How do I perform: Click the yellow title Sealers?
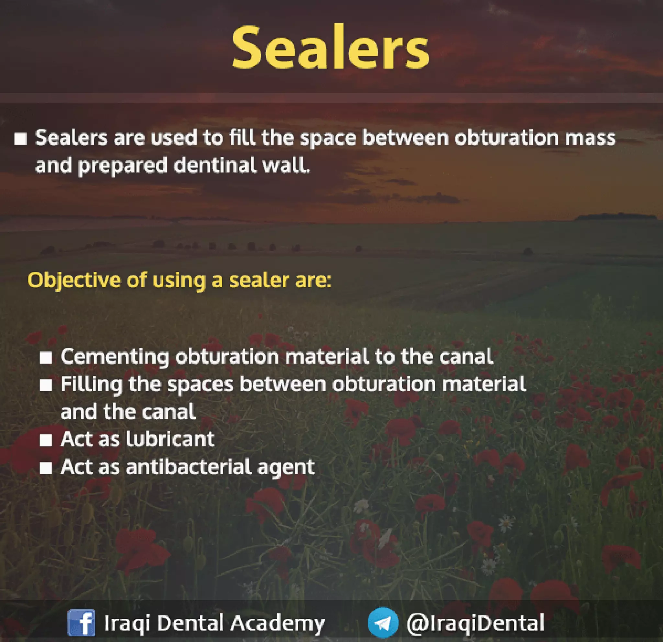[x=331, y=47]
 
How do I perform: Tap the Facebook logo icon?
[x=81, y=623]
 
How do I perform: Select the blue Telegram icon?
[x=383, y=623]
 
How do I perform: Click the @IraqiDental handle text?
[x=475, y=623]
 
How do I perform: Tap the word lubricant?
[x=171, y=439]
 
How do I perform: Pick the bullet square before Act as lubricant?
[x=46, y=440]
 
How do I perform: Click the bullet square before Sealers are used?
[x=20, y=139]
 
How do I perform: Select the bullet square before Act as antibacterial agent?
[x=46, y=468]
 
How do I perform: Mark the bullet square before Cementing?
[x=46, y=357]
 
